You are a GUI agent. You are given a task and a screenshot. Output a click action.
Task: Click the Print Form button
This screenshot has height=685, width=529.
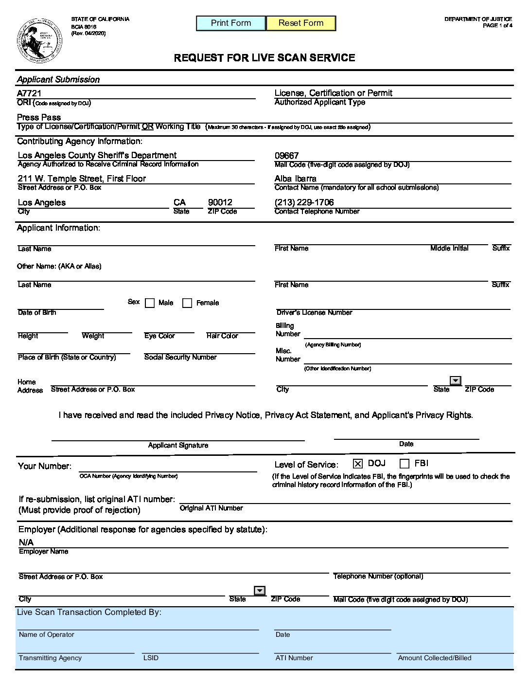tap(231, 23)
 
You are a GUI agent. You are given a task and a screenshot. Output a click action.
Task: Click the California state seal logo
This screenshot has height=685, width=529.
tap(39, 41)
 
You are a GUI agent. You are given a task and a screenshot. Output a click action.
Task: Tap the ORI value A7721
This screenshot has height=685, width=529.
tap(29, 93)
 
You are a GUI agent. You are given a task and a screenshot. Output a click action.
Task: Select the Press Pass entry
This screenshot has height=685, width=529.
tap(39, 117)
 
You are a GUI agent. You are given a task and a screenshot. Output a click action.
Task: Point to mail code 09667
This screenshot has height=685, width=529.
tap(286, 156)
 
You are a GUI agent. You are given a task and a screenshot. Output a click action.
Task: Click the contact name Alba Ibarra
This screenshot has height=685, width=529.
tap(295, 179)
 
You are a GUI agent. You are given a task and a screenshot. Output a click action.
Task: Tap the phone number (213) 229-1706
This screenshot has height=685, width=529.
tap(304, 202)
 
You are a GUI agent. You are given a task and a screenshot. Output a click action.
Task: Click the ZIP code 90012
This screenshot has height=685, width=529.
tap(220, 202)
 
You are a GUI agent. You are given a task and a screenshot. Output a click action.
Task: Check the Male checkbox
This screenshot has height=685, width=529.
tap(150, 303)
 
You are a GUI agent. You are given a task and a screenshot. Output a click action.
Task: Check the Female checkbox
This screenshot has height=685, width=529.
tap(187, 303)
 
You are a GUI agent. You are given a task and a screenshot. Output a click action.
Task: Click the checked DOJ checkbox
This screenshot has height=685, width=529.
tap(358, 464)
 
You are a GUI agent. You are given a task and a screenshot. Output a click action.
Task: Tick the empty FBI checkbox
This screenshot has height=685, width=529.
tap(404, 464)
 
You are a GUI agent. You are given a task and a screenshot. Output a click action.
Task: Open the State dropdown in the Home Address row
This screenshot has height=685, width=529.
tap(456, 380)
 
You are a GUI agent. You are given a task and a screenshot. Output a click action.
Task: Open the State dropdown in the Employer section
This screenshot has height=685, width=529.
tap(260, 591)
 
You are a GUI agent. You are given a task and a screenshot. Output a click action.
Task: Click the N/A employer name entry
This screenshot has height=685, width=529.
tap(26, 542)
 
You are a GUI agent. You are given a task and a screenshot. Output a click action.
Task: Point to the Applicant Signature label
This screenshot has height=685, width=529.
tap(178, 445)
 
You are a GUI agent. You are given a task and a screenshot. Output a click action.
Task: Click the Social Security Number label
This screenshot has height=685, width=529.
tap(180, 357)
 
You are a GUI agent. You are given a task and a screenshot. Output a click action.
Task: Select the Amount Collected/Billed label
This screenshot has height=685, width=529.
tap(435, 658)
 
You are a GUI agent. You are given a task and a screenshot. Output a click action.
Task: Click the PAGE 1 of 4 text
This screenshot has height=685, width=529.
tap(497, 25)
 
